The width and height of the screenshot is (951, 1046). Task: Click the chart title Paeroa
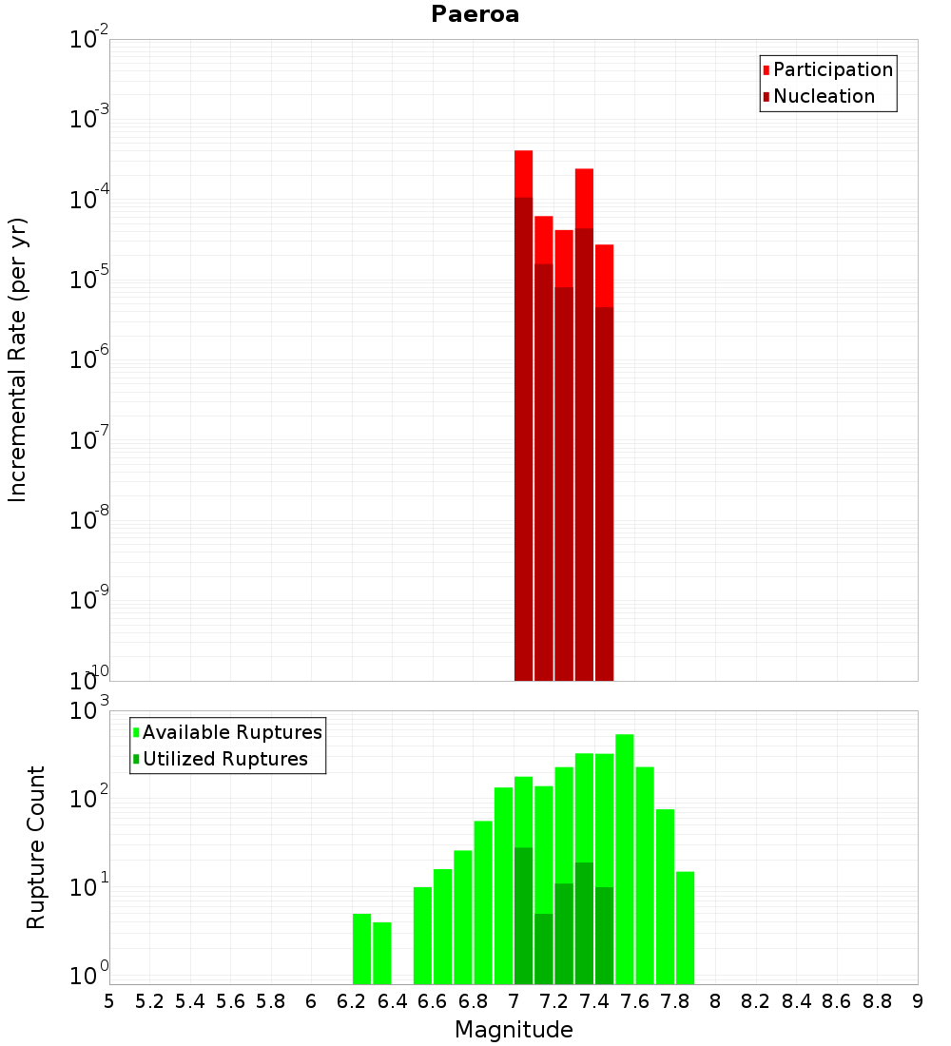475,14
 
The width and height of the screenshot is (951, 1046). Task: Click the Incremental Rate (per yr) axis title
17,359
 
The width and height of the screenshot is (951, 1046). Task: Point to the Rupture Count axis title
36,847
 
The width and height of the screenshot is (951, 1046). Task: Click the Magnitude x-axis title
514,1030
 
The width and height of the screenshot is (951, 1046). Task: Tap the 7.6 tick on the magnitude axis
635,1001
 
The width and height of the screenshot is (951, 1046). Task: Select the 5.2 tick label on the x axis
149,1001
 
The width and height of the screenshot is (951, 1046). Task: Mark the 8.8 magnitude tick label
878,1001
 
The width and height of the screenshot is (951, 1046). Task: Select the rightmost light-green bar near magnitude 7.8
685,927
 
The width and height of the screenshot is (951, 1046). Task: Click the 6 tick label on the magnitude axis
311,1001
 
